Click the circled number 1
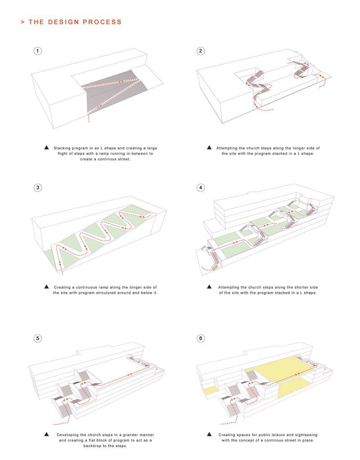tap(38, 51)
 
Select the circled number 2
tap(201, 51)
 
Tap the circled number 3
tap(38, 188)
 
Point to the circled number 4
tap(201, 188)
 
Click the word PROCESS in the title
tap(104, 22)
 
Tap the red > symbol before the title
tap(23, 22)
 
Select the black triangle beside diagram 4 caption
tap(209, 287)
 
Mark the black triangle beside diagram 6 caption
tap(209, 435)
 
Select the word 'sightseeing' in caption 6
tap(306, 435)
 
